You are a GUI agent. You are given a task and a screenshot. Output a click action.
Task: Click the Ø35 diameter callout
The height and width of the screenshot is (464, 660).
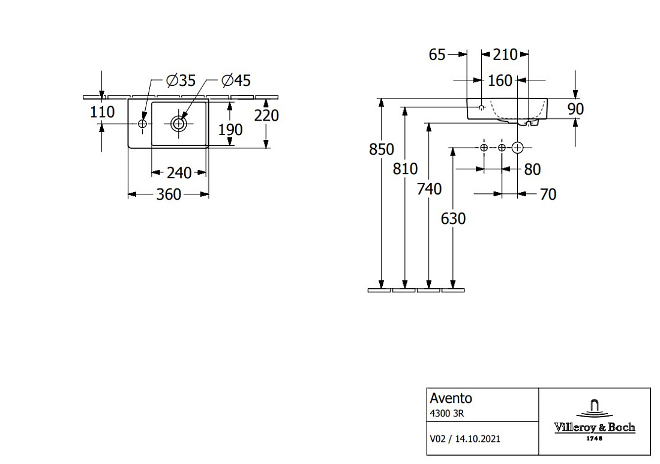181,80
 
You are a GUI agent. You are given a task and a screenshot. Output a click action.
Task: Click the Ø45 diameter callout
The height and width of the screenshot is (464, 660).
236,80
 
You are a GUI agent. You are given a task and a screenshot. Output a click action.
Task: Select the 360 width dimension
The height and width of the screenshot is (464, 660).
169,194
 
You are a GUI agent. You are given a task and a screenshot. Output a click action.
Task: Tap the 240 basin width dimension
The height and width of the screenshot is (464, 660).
179,173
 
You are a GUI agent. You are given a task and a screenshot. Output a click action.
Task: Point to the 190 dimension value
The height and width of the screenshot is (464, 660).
230,130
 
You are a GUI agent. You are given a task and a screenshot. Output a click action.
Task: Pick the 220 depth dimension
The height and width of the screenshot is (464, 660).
266,115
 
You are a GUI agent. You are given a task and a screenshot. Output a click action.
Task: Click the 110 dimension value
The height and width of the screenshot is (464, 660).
102,112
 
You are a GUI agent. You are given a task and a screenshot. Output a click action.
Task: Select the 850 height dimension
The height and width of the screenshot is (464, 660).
382,149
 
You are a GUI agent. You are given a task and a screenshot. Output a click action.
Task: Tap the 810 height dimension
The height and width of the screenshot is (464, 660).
406,169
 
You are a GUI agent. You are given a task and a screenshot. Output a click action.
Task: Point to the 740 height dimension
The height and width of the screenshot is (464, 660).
430,189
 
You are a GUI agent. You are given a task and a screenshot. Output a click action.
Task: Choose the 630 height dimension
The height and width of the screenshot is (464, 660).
454,218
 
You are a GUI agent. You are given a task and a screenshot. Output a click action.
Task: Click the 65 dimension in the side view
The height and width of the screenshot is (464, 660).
437,54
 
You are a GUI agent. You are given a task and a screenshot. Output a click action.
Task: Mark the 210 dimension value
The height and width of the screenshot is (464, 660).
505,54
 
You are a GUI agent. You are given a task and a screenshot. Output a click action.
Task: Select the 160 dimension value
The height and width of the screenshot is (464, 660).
500,80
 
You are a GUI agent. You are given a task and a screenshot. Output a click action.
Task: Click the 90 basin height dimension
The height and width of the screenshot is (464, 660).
576,109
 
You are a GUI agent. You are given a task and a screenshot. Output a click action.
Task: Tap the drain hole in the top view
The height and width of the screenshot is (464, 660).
179,124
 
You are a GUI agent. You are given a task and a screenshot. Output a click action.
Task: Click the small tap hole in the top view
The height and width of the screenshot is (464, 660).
142,124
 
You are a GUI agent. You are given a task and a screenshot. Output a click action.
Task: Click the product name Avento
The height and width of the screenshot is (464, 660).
451,398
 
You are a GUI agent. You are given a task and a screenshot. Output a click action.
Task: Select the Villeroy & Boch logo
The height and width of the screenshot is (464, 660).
595,421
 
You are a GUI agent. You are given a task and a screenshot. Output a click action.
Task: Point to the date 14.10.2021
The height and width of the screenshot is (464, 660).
478,439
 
